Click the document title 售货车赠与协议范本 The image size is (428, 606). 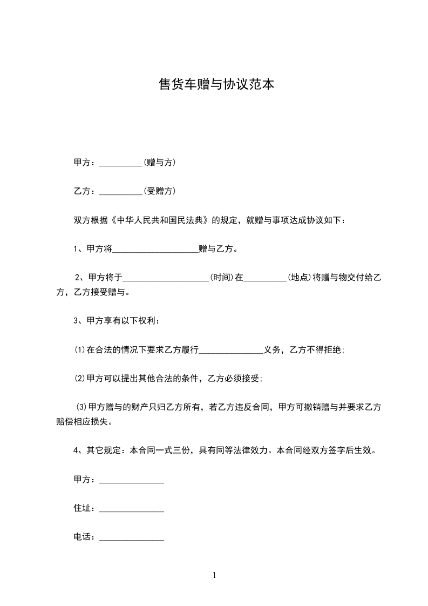pyautogui.click(x=214, y=85)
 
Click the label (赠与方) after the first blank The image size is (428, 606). pyautogui.click(x=160, y=162)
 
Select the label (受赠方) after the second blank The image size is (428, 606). pyautogui.click(x=160, y=191)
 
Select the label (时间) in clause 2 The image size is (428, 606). pyautogui.click(x=222, y=278)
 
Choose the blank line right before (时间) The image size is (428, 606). pyautogui.click(x=166, y=280)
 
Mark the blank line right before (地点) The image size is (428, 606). pyautogui.click(x=265, y=280)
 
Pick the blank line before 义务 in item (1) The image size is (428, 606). pyautogui.click(x=231, y=353)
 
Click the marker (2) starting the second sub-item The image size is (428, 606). pyautogui.click(x=80, y=379)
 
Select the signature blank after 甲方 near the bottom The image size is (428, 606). pyautogui.click(x=132, y=482)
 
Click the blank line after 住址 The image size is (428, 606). pyautogui.click(x=132, y=511)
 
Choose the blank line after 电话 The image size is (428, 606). pyautogui.click(x=132, y=540)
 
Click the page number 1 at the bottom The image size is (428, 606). pyautogui.click(x=214, y=575)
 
